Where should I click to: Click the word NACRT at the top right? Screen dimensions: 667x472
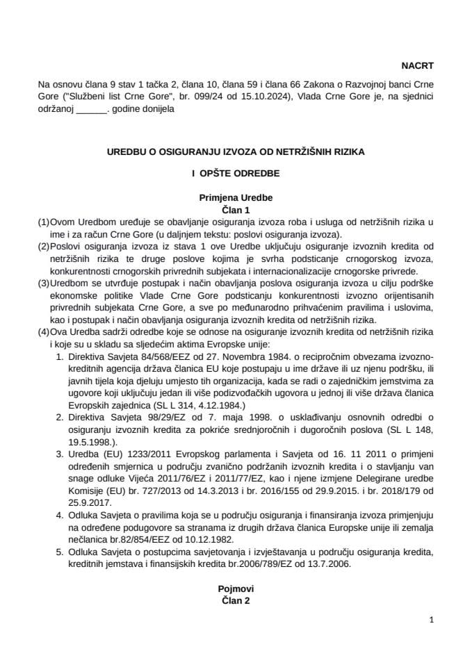[417, 66]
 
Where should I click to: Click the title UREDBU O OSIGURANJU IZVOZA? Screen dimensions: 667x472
[236, 149]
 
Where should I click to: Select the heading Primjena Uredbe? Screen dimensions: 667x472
[236, 197]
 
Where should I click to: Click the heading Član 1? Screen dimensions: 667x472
[236, 208]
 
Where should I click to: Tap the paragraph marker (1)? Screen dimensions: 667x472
[43, 221]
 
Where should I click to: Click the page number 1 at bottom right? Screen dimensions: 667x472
[431, 620]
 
